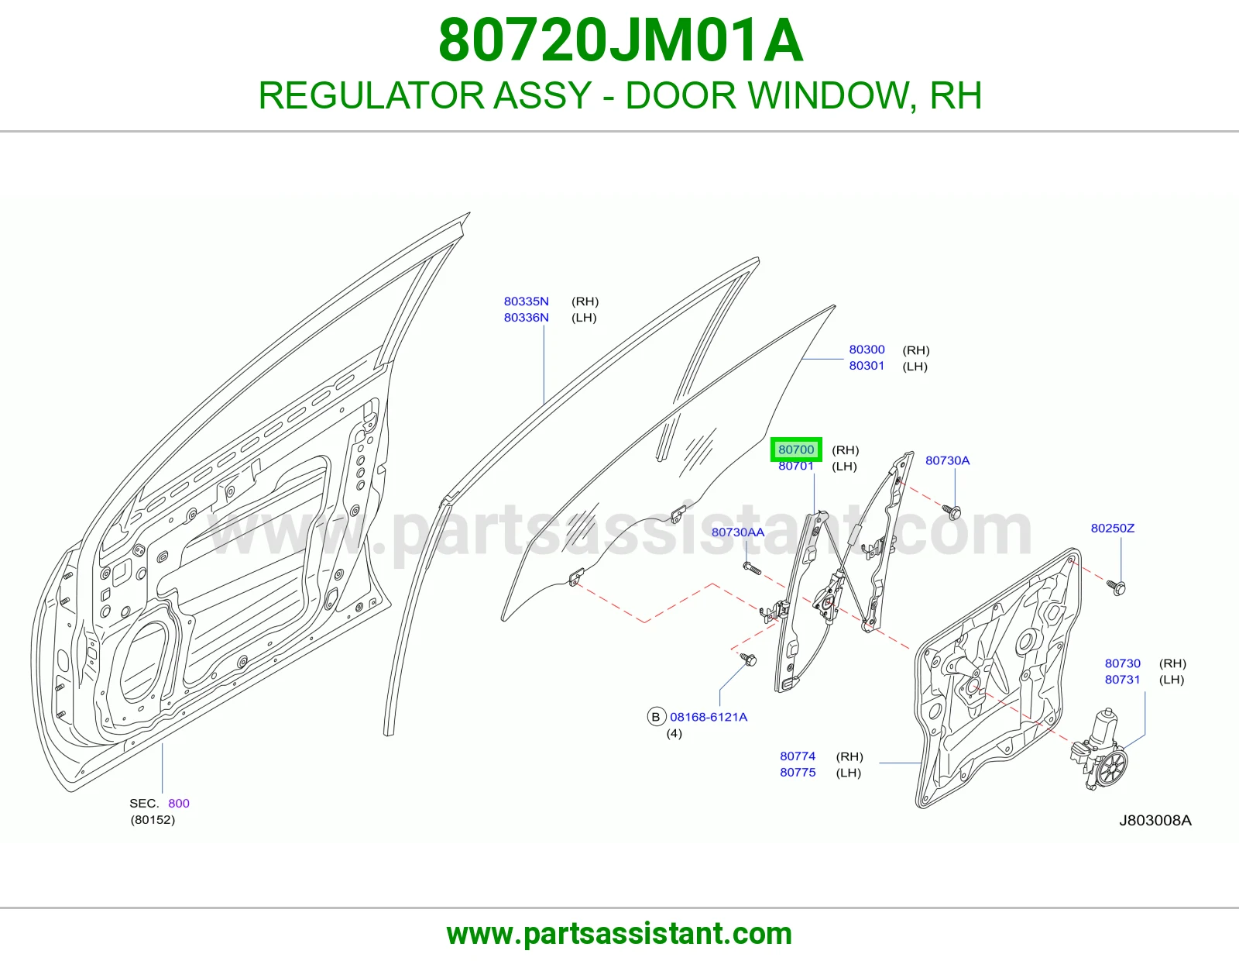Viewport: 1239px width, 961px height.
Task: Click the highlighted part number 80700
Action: pyautogui.click(x=796, y=449)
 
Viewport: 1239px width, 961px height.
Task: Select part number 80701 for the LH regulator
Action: pyautogui.click(x=796, y=467)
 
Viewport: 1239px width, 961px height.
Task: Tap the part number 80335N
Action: pyautogui.click(x=527, y=301)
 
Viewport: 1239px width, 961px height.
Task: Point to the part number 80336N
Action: pyautogui.click(x=527, y=317)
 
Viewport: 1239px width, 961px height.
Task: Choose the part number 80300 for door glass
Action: pyautogui.click(x=867, y=350)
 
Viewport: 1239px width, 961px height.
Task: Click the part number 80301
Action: pyautogui.click(x=867, y=365)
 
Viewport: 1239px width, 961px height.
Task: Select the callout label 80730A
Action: pyautogui.click(x=947, y=460)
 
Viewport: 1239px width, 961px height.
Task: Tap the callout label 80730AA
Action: pyautogui.click(x=738, y=532)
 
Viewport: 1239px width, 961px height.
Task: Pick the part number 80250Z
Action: pyautogui.click(x=1113, y=529)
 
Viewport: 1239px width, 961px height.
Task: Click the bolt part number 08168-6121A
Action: pyautogui.click(x=708, y=717)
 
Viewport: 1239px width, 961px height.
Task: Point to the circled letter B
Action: pyautogui.click(x=656, y=717)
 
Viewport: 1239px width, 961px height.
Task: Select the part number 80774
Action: pyautogui.click(x=798, y=756)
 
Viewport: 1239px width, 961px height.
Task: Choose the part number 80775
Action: pyautogui.click(x=798, y=772)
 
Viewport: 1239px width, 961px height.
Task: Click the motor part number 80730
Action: pyautogui.click(x=1123, y=663)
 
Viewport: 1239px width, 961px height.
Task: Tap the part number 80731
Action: pyautogui.click(x=1123, y=679)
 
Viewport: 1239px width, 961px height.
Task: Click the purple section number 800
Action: pyautogui.click(x=178, y=804)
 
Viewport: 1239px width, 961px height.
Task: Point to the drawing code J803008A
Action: pyautogui.click(x=1155, y=821)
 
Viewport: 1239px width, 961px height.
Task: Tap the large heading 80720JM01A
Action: pyautogui.click(x=620, y=41)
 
